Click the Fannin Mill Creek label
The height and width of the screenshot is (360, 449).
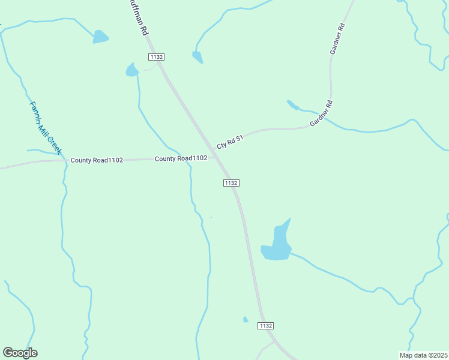[46, 127]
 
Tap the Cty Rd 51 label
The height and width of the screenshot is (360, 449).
[230, 142]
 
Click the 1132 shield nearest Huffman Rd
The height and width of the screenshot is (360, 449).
[156, 56]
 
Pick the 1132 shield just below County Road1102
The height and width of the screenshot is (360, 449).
[232, 182]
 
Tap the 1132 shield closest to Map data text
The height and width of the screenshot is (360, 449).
[265, 325]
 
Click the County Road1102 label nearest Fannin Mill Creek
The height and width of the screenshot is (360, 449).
[97, 160]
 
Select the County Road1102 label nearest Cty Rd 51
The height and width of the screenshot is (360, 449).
[181, 158]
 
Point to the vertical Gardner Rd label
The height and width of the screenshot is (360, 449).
[337, 39]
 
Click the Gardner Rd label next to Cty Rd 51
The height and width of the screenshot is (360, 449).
[321, 113]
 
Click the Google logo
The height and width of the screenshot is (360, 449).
[20, 353]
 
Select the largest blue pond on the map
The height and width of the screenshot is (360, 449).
[277, 244]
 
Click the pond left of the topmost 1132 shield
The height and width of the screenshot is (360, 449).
[131, 70]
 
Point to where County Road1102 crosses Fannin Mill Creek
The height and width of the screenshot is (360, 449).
[65, 160]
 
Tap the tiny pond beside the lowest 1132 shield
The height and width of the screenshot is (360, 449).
[245, 319]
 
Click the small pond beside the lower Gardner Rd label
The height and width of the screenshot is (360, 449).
[292, 105]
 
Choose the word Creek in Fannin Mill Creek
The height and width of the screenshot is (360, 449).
[55, 143]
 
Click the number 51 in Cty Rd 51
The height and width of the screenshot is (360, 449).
[239, 139]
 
